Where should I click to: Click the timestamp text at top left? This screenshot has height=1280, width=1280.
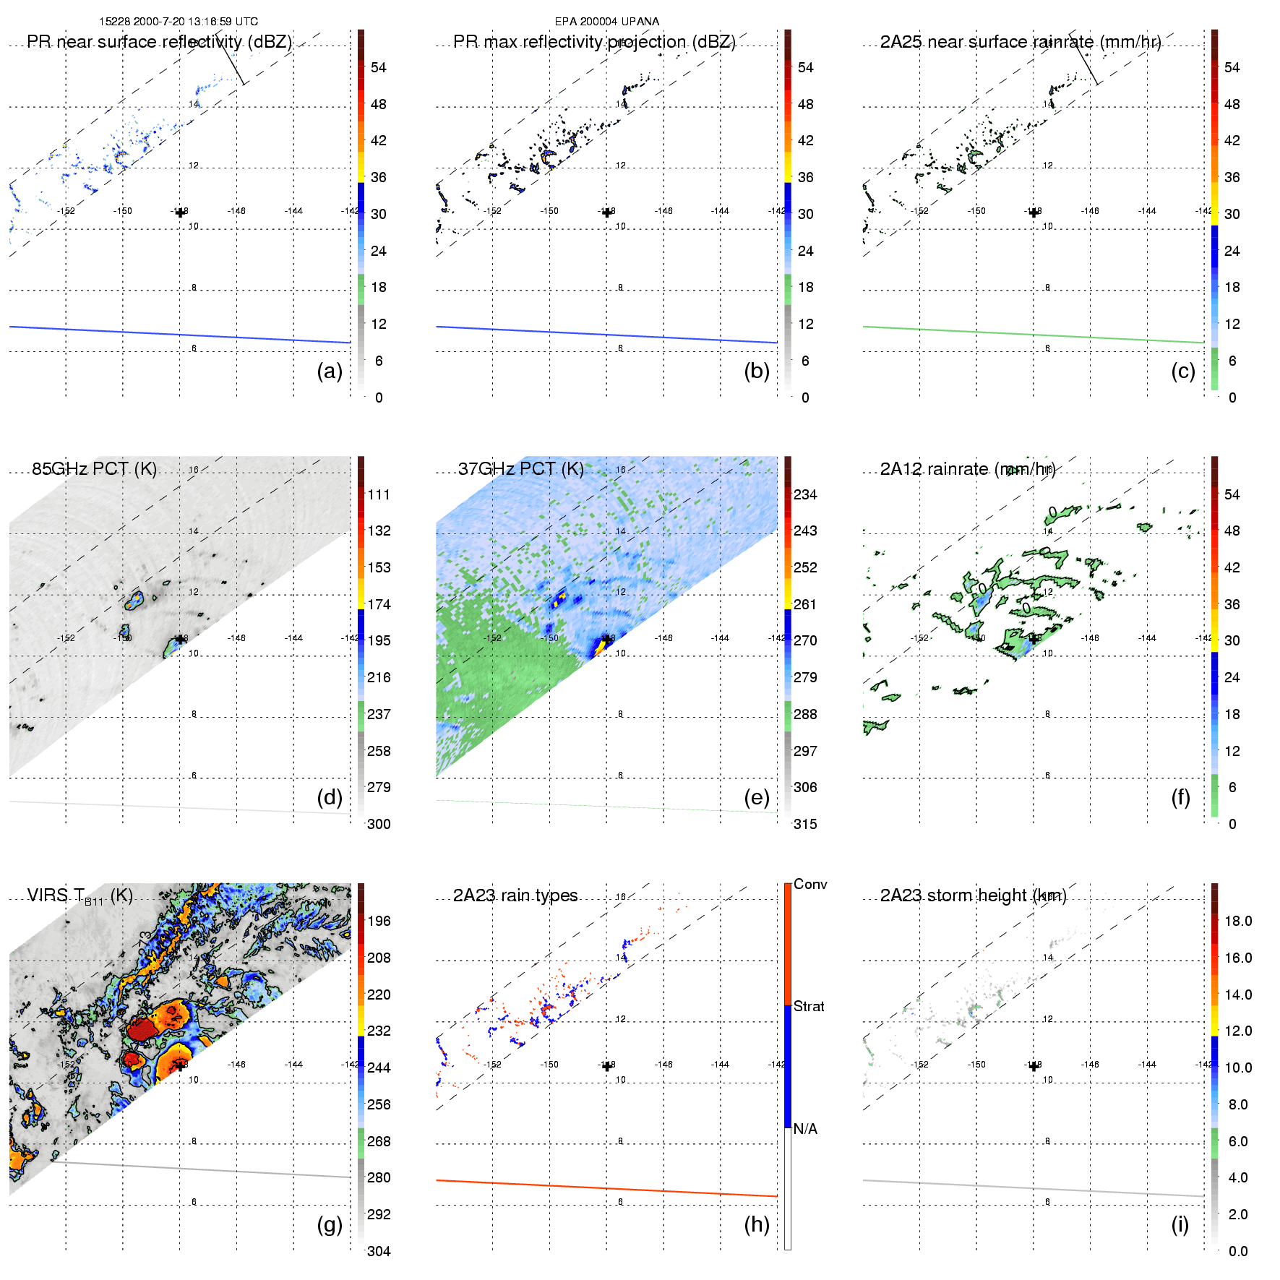coord(179,22)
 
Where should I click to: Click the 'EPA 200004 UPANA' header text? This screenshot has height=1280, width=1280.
coord(606,22)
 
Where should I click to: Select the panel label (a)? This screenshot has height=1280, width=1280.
coord(330,371)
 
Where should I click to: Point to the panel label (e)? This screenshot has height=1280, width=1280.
coord(756,797)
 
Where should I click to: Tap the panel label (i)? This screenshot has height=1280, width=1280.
coord(1180,1224)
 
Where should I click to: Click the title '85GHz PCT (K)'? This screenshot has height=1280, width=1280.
coord(94,468)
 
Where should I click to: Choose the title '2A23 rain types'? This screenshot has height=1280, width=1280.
coord(515,895)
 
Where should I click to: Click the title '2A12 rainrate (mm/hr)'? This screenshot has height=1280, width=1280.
coord(968,469)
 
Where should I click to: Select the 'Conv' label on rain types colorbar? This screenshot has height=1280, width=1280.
coord(810,885)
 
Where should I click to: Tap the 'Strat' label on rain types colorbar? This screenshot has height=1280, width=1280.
coord(809,1006)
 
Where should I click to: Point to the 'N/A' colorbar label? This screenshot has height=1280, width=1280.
coord(805,1129)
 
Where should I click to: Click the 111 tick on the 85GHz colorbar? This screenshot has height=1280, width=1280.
coord(379,494)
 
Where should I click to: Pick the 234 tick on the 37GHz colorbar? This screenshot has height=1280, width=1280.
coord(805,494)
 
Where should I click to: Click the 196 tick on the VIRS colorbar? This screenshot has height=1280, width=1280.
coord(379,921)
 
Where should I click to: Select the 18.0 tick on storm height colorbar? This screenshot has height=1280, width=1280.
coord(1238,921)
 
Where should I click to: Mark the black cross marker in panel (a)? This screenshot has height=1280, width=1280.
coord(180,212)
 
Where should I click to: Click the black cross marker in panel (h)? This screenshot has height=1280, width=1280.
coord(606,1066)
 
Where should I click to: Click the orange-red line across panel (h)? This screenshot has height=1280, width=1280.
coord(606,1188)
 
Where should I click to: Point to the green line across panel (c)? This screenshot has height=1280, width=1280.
coord(1034,335)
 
